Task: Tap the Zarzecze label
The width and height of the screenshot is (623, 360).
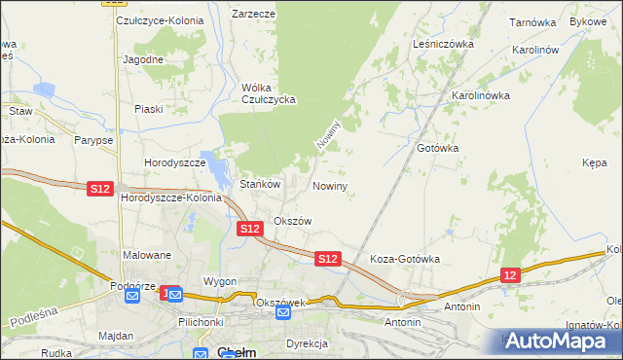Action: [x=253, y=15]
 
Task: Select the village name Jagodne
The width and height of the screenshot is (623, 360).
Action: [x=142, y=59]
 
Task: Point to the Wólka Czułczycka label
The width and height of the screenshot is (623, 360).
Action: [x=268, y=92]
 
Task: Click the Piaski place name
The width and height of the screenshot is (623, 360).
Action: [x=148, y=109]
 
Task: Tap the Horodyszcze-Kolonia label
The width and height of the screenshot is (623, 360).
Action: [x=171, y=198]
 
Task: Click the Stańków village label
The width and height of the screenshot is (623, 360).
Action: [x=260, y=184]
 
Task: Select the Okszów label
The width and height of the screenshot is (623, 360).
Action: [x=292, y=221]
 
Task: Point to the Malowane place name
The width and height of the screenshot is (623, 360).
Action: [x=147, y=255]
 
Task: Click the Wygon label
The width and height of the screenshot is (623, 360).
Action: [x=220, y=281]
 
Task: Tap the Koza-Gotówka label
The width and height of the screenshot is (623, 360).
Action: [x=405, y=260]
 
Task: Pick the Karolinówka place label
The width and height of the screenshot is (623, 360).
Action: [x=480, y=96]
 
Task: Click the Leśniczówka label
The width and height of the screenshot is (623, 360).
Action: [x=443, y=44]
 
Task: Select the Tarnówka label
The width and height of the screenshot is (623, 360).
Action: [x=531, y=20]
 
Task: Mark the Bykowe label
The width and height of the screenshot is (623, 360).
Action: [x=588, y=20]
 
